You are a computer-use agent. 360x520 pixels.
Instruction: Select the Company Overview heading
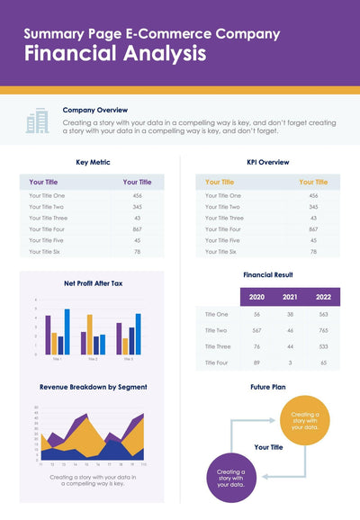[x=94, y=110]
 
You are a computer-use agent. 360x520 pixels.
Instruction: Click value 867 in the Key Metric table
[x=137, y=229]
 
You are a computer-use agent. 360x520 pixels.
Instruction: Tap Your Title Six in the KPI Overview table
[x=223, y=251]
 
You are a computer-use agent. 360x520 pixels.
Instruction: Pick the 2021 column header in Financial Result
[x=290, y=296]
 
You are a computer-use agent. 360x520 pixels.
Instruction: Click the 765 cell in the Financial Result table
[x=323, y=330]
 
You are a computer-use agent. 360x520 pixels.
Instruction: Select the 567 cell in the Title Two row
[x=256, y=330]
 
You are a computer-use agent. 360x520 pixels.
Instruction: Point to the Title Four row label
[x=217, y=362]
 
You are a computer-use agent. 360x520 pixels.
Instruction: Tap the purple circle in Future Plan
[x=230, y=477]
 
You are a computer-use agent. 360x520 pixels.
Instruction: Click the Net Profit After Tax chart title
[x=93, y=283]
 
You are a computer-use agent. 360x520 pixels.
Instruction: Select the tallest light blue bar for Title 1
[x=67, y=331]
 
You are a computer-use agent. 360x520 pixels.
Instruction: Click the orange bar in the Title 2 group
[x=89, y=334]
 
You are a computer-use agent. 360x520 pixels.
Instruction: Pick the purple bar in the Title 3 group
[x=119, y=338]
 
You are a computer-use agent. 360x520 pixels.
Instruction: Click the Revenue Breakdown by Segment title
[x=93, y=387]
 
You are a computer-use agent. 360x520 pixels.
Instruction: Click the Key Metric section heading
[x=93, y=162]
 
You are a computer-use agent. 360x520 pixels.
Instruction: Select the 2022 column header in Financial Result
[x=323, y=296]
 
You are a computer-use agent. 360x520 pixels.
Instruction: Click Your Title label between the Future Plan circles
[x=269, y=446]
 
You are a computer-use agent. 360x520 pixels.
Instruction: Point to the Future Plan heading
[x=267, y=387]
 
